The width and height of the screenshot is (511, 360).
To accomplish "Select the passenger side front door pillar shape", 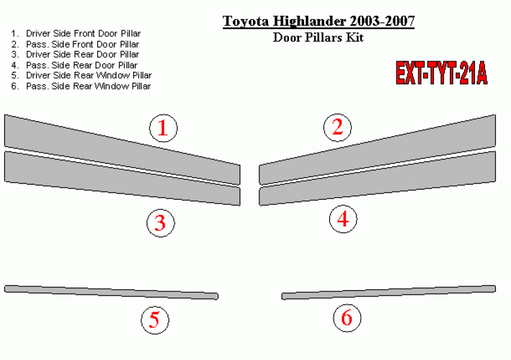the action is pos(377,150).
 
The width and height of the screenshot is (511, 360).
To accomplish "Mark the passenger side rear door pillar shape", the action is pos(377,178).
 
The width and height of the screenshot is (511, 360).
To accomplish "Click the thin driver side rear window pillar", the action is pos(111,293).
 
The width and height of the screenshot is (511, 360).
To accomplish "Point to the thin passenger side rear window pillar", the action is pos(389,293).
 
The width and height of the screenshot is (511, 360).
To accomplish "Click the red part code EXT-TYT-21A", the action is pos(442,73).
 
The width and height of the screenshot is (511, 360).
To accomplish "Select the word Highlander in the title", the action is pos(309,21).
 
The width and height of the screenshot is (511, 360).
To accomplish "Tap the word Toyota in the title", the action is pos(246,21).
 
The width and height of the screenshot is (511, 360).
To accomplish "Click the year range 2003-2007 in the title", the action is pos(382,21).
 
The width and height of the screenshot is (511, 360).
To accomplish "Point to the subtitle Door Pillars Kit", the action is pos(318,37).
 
